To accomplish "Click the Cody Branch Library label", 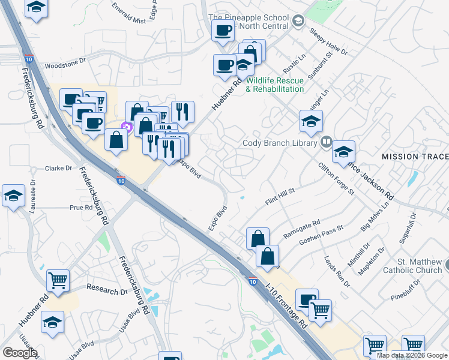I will coord(280,143).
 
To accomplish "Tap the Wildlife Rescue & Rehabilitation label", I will coord(276,85).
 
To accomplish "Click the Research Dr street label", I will coord(107,291).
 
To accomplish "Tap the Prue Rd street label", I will coord(81,208).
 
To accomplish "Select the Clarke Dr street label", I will coord(59,169).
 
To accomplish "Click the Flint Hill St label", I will coord(280,197).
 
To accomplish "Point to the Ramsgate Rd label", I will coord(302,229).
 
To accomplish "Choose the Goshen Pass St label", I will coord(324,237).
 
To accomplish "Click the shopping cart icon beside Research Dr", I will coord(58,280).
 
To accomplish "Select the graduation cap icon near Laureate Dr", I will coord(14,196).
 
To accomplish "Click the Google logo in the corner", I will coord(20,353).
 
